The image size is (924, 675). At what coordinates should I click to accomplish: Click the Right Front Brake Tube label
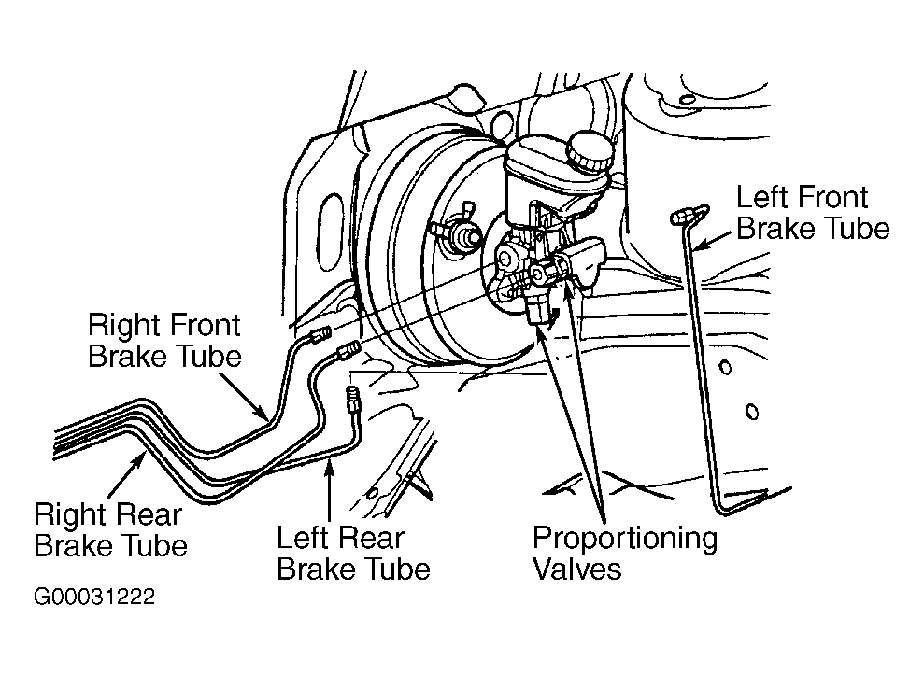tap(164, 341)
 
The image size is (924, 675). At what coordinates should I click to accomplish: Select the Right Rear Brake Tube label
tap(110, 529)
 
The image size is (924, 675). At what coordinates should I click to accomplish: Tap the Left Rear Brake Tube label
tap(353, 553)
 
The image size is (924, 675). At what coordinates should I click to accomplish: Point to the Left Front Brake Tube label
tap(813, 213)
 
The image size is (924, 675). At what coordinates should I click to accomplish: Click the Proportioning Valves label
tap(625, 553)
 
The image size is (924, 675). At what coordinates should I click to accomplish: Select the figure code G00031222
tap(94, 597)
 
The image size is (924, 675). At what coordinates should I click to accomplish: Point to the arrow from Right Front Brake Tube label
tap(243, 395)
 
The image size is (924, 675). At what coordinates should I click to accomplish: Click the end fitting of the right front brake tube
tap(320, 336)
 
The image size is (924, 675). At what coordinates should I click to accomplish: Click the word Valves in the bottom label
tap(576, 569)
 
